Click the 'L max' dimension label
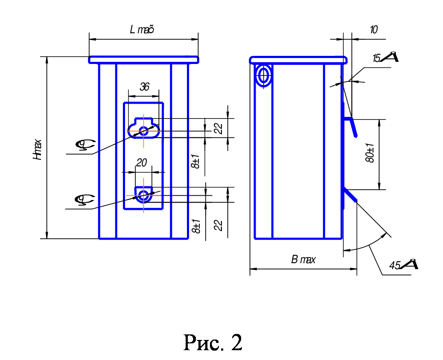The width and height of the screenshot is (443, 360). pyautogui.click(x=142, y=30)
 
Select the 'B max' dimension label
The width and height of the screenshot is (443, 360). pyautogui.click(x=303, y=260)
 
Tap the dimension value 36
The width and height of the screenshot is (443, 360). pyautogui.click(x=145, y=87)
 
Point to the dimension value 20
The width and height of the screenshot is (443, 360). pyautogui.click(x=142, y=163)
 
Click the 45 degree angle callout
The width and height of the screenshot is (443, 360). pyautogui.click(x=402, y=265)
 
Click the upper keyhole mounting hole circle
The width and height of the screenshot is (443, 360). pyautogui.click(x=144, y=131)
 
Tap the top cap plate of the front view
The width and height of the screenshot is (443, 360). pyautogui.click(x=143, y=60)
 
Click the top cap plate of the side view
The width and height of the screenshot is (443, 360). pyautogui.click(x=298, y=60)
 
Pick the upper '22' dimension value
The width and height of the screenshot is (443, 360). pyautogui.click(x=219, y=128)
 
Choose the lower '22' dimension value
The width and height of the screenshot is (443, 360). pyautogui.click(x=219, y=225)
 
